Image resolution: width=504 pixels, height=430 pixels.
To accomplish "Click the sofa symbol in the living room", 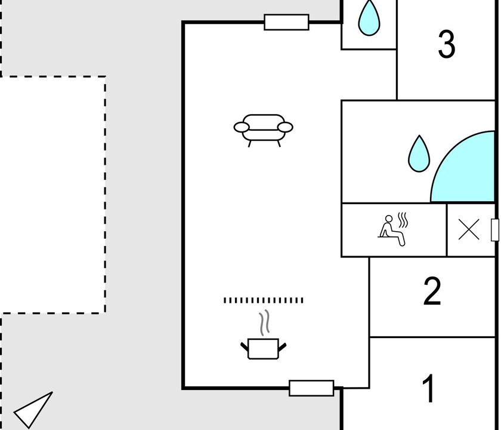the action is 263,130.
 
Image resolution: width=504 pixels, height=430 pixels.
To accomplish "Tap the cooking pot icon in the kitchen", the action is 263,349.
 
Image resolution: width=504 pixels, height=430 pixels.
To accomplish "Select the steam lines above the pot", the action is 265,322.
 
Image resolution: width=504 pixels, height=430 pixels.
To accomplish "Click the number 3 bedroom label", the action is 447,44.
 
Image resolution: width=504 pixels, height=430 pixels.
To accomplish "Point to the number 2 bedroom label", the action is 432,291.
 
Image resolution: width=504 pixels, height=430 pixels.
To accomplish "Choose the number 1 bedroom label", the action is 429,388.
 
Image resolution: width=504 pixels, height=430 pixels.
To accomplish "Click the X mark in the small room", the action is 469,229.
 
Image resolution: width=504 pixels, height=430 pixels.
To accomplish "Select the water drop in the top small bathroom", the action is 369,18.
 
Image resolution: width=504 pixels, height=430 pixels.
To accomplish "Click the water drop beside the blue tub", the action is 419,154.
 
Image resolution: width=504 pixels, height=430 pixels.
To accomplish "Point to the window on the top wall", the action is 286,22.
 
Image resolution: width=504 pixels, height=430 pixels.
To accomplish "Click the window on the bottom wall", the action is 311,388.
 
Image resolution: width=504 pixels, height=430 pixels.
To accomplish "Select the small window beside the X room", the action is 495,229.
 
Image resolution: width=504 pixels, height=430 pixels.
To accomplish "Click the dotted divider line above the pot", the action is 263,300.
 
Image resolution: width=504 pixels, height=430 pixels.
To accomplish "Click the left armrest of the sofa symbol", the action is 242,127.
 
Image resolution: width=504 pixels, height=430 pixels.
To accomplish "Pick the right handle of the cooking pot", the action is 282,347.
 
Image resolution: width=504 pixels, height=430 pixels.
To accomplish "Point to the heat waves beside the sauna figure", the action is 403,220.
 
